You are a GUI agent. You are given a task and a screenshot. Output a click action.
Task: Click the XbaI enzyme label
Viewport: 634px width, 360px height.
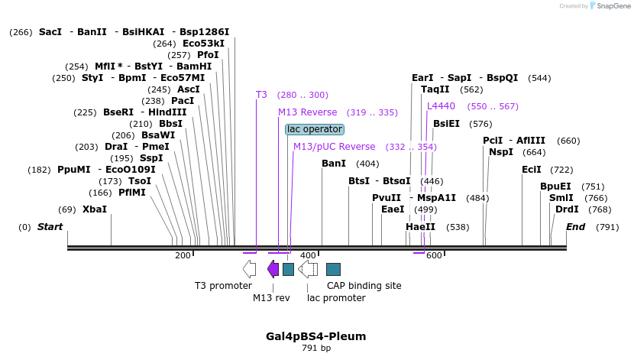[95, 209]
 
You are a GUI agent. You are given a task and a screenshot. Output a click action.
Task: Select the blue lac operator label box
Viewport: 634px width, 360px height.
[315, 129]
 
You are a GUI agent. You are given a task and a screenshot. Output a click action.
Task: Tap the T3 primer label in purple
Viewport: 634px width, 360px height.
[261, 95]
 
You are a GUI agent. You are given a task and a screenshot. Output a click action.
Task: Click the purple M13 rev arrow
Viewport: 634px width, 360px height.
[273, 268]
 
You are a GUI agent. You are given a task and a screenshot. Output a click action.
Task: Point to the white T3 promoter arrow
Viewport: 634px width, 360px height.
[249, 268]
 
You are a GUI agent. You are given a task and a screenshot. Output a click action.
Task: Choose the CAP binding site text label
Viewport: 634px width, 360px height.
[364, 286]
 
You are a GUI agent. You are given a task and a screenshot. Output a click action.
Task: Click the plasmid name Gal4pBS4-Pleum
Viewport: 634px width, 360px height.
[315, 336]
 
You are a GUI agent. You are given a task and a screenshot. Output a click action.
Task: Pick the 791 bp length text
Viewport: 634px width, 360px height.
[315, 349]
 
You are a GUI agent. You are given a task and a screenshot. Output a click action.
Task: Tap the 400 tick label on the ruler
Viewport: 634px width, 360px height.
[308, 256]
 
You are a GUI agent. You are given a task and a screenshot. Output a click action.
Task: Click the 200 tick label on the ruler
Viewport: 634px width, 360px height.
[183, 256]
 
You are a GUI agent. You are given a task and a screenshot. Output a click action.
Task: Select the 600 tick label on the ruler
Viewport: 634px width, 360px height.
[434, 256]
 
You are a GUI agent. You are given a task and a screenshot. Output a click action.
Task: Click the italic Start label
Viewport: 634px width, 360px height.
[50, 227]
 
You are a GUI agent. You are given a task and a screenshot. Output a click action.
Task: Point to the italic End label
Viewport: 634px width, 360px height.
[575, 227]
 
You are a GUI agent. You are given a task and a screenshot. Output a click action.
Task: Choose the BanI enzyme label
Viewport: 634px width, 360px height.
[334, 164]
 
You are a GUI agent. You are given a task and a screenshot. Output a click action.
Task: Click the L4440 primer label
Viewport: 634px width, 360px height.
[441, 106]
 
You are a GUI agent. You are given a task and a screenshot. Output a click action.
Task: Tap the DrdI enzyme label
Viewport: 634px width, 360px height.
[567, 209]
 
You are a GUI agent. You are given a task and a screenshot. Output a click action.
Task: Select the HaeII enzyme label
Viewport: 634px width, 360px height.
[420, 227]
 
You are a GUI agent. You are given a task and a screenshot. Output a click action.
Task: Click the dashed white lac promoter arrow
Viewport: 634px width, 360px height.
[308, 268]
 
